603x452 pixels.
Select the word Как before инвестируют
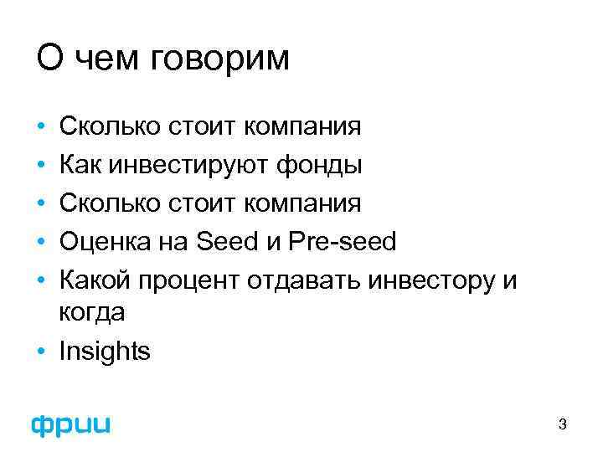tap(81, 165)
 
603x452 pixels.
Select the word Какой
tap(95, 280)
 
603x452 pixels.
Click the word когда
tap(92, 313)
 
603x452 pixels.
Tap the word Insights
tap(105, 352)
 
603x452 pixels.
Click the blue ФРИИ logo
tap(71, 424)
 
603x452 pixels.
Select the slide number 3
tap(563, 425)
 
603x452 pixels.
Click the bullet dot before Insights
tap(41, 352)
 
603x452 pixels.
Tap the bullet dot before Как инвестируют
tap(41, 165)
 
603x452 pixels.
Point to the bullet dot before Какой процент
tap(41, 280)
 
